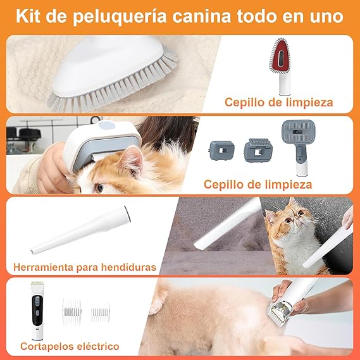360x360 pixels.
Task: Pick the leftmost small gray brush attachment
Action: click(x=221, y=152)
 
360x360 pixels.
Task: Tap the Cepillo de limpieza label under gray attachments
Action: click(x=258, y=184)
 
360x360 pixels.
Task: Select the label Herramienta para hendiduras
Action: click(x=84, y=268)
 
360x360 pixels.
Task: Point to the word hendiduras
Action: click(x=133, y=268)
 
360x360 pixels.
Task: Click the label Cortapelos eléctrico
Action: click(x=70, y=346)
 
